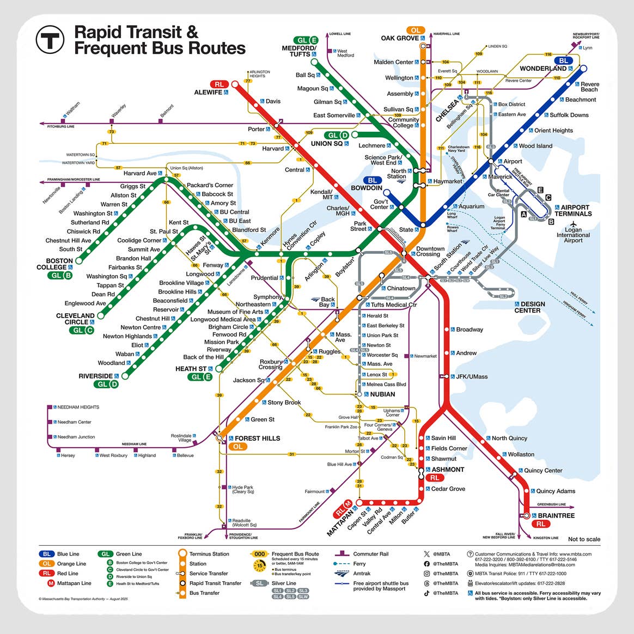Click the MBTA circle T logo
50,39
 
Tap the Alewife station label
208,93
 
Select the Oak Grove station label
400,38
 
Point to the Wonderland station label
542,69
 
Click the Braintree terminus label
556,515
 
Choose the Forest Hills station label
257,438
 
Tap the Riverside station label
95,376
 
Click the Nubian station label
382,394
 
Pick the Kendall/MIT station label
321,194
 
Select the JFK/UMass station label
472,376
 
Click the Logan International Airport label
573,235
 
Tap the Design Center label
529,307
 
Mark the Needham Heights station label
78,407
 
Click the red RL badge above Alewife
219,84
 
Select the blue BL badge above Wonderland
564,60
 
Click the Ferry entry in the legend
359,564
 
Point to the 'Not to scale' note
584,539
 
